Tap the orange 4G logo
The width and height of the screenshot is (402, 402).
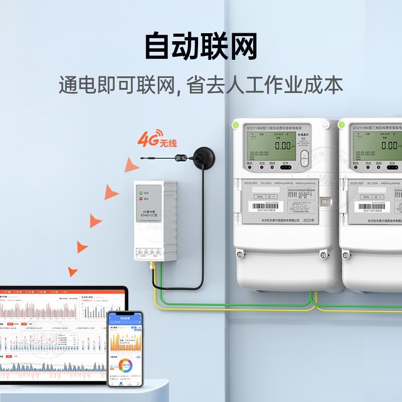point(148,138)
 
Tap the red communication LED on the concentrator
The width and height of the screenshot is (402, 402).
point(140,199)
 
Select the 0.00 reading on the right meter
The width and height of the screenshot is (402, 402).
point(389,146)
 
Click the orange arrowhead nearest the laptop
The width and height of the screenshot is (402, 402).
point(73,271)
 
